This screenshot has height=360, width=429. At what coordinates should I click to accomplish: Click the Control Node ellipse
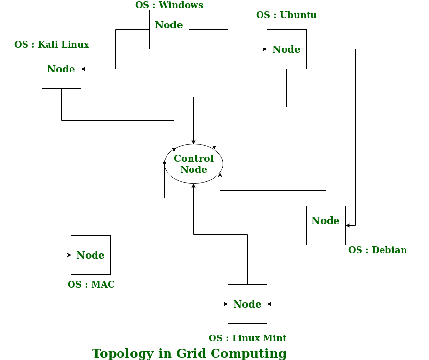pyautogui.click(x=193, y=164)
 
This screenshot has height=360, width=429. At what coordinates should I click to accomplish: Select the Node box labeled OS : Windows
pyautogui.click(x=169, y=30)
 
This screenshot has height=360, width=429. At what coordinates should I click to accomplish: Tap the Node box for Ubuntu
pyautogui.click(x=286, y=49)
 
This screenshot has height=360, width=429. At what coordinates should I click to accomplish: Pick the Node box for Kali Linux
pyautogui.click(x=61, y=69)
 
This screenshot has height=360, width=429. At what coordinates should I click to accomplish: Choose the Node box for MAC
pyautogui.click(x=91, y=255)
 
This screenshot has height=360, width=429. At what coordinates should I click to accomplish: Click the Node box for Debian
pyautogui.click(x=326, y=226)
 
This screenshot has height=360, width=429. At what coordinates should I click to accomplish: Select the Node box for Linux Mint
pyautogui.click(x=247, y=304)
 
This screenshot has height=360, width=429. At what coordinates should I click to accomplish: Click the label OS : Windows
pyautogui.click(x=169, y=5)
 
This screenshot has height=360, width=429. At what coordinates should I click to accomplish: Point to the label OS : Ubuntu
pyautogui.click(x=286, y=15)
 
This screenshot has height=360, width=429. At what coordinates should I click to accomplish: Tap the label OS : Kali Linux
pyautogui.click(x=51, y=45)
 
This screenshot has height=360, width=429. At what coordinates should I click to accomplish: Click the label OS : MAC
pyautogui.click(x=91, y=285)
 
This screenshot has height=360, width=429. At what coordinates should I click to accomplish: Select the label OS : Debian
pyautogui.click(x=377, y=250)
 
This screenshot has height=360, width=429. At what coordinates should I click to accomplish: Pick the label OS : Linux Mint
pyautogui.click(x=247, y=338)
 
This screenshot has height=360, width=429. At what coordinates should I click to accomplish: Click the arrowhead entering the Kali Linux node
pyautogui.click(x=84, y=69)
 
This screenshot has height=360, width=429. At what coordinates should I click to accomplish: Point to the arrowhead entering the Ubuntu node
pyautogui.click(x=264, y=49)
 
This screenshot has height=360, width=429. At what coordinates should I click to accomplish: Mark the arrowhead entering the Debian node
pyautogui.click(x=348, y=226)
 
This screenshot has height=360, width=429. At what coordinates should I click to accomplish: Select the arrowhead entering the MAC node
pyautogui.click(x=69, y=255)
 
